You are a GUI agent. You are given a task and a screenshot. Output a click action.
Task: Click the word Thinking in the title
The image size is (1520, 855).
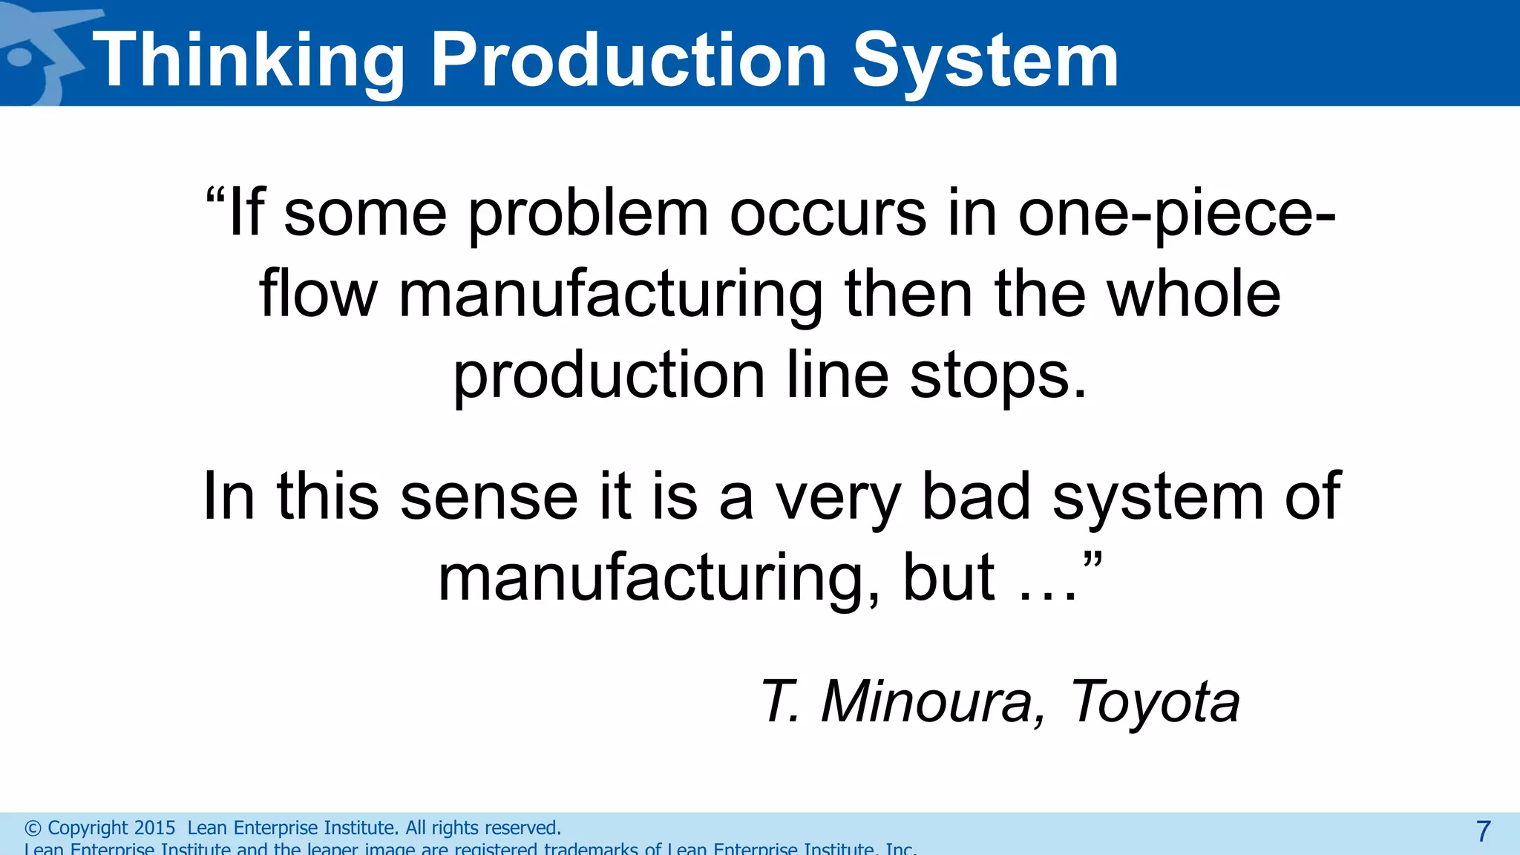(249, 61)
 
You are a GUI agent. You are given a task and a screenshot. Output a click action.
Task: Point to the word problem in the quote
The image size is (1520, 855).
(588, 215)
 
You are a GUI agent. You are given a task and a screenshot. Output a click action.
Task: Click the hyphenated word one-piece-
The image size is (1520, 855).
(1176, 215)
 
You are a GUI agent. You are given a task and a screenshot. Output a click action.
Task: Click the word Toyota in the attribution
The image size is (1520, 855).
(1154, 701)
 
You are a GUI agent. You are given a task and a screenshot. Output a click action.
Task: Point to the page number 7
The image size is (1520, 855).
(1483, 831)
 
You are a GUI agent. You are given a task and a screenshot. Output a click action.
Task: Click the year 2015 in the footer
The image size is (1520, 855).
(154, 828)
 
